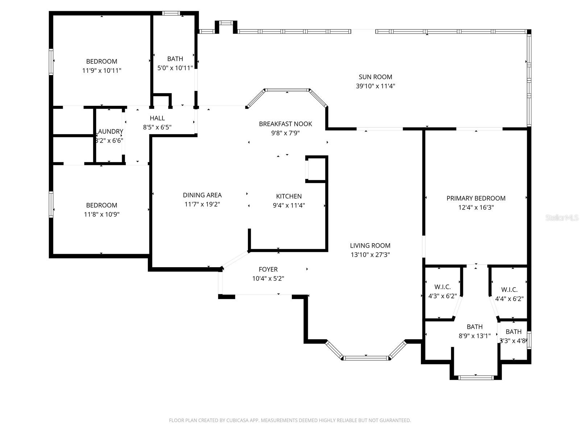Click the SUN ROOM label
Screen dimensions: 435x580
[375, 77]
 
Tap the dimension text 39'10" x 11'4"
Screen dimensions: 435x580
[375, 86]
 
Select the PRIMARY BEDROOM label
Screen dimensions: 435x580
[476, 198]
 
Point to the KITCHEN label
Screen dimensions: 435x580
[289, 196]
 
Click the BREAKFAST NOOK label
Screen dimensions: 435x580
[285, 124]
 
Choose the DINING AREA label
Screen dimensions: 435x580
[202, 195]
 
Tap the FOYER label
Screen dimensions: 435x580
[268, 269]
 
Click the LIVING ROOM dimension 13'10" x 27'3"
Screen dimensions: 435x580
[370, 255]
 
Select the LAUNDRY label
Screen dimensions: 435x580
[110, 131]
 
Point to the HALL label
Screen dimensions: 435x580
[157, 118]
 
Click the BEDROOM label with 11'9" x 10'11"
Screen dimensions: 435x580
[101, 62]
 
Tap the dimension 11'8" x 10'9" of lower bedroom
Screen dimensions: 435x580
[101, 215]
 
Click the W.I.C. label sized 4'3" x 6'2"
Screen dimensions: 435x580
[442, 287]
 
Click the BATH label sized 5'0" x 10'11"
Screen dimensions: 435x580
[175, 59]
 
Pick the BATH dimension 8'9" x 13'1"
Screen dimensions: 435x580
[475, 336]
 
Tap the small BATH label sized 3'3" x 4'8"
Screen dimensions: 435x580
[513, 332]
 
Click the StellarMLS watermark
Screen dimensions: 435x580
[562, 218]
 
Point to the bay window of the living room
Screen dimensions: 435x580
[365, 358]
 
